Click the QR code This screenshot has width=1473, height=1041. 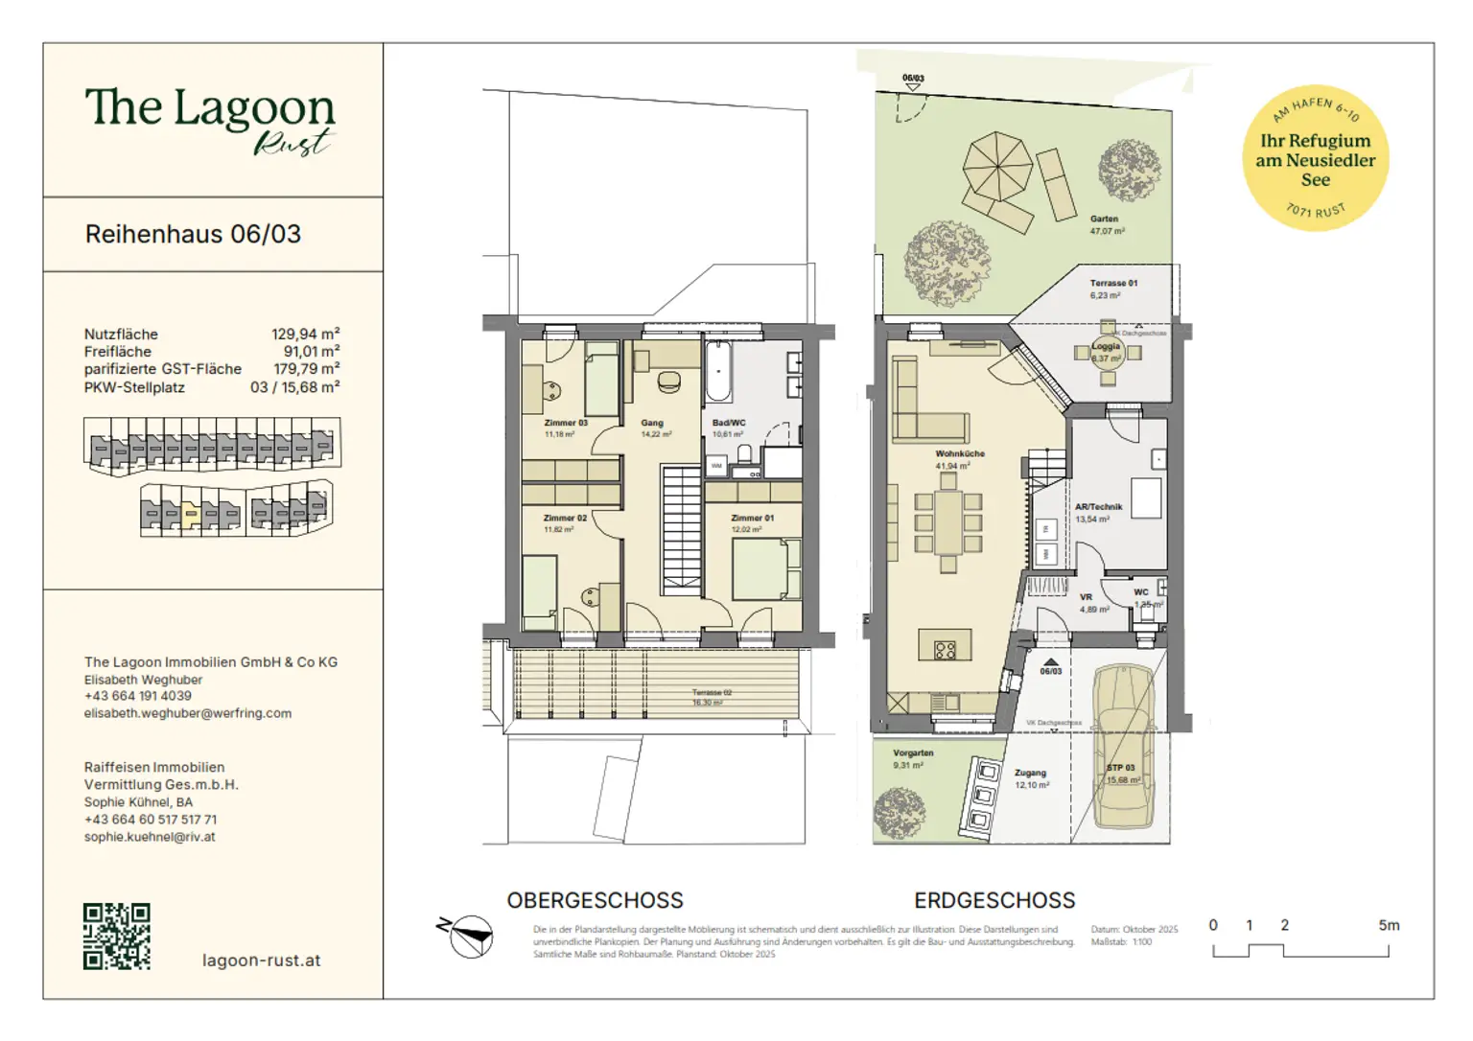[116, 936]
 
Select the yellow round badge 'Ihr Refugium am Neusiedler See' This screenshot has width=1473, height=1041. [1315, 158]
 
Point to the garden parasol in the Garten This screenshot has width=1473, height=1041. [997, 166]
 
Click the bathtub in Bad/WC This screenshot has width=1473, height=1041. [716, 372]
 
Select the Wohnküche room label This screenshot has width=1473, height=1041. [960, 454]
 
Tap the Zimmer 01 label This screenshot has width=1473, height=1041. [752, 518]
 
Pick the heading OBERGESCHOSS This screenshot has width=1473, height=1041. [595, 901]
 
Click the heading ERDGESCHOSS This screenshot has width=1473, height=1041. [994, 901]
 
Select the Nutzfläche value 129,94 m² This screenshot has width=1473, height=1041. [305, 335]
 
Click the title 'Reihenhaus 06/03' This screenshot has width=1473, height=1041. [193, 235]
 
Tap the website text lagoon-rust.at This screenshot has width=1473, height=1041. [261, 960]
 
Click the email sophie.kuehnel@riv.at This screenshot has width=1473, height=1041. [150, 837]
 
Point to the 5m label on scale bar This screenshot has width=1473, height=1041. [1389, 925]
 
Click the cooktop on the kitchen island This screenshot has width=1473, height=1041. [945, 651]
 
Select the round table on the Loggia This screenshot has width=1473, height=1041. [1107, 354]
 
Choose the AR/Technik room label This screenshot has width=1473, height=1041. [1098, 507]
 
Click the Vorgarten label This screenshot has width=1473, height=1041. [913, 753]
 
